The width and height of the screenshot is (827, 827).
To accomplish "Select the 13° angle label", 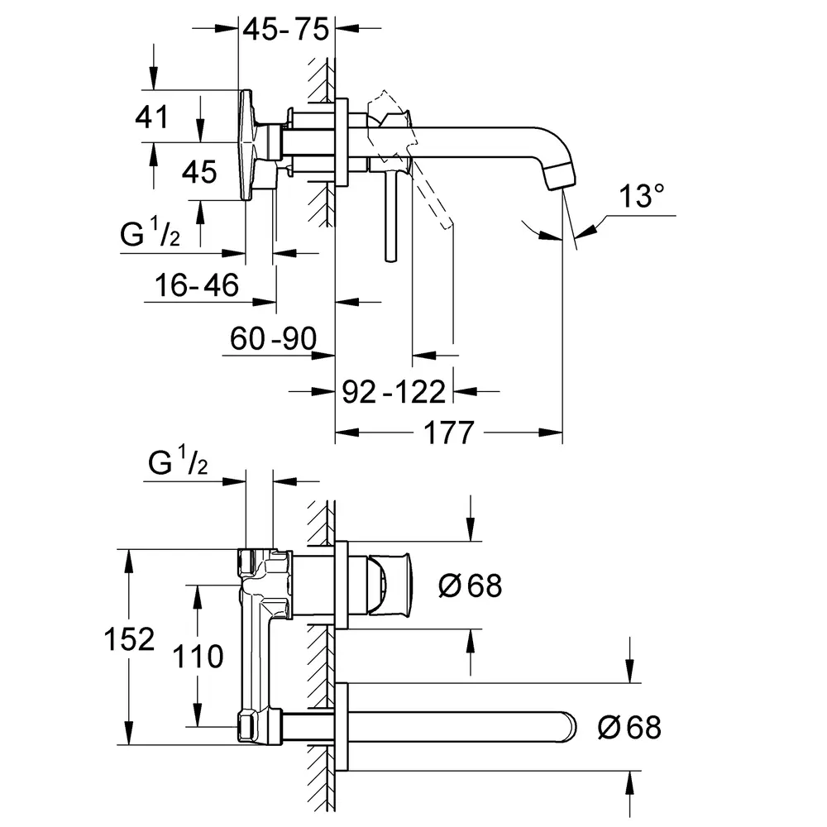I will [x=643, y=198].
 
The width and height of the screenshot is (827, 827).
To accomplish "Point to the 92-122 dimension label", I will [x=394, y=390].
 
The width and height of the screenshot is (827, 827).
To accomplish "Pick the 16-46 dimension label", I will [x=197, y=286].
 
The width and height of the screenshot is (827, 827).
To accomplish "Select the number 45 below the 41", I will [x=198, y=172].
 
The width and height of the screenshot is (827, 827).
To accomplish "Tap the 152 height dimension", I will [x=130, y=639].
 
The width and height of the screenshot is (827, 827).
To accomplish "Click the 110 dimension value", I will [x=199, y=657].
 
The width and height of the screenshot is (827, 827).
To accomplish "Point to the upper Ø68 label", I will [x=470, y=586].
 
